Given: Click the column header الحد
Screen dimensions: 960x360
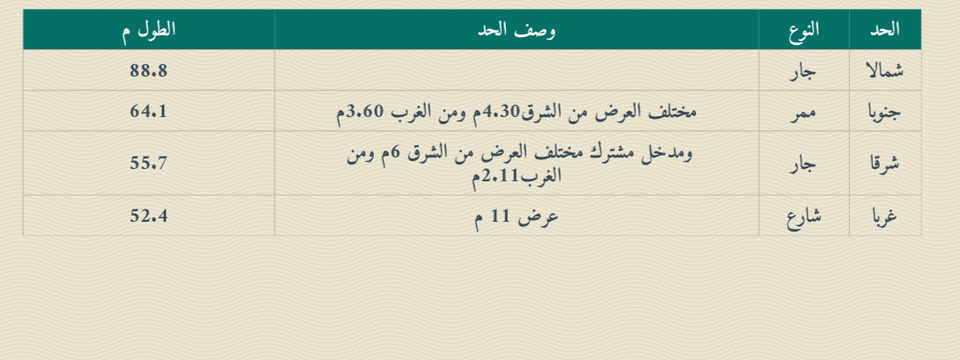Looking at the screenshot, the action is click(x=884, y=29).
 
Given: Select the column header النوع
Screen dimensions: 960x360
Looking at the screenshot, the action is click(x=804, y=29).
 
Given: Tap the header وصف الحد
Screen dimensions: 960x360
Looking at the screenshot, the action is click(x=517, y=30).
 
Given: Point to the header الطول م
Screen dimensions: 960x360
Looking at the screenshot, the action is click(x=149, y=30).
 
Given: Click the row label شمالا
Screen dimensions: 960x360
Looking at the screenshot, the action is click(x=884, y=71).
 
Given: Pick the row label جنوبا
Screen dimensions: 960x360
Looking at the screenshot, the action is click(x=884, y=113).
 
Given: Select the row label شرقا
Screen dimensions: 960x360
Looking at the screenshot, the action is click(x=884, y=164).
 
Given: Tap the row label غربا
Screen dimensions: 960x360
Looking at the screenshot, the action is click(x=884, y=217).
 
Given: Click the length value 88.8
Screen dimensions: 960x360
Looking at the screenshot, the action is click(x=149, y=71).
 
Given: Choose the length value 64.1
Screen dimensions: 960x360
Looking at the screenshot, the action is click(x=149, y=112).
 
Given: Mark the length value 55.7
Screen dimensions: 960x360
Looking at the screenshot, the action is click(x=149, y=163).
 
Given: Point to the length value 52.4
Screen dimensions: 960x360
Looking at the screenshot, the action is click(x=149, y=216).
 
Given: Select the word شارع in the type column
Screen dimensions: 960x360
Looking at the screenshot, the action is click(x=804, y=217).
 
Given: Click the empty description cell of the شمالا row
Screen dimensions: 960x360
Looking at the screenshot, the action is click(x=517, y=70).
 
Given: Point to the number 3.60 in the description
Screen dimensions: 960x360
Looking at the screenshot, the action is click(x=365, y=112).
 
